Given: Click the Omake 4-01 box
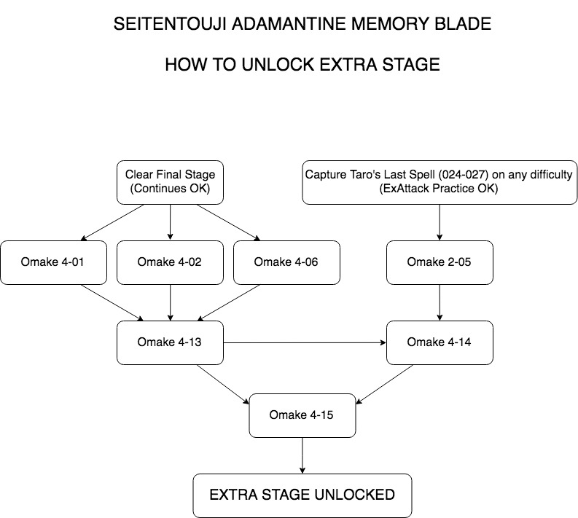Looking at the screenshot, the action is pyautogui.click(x=53, y=262).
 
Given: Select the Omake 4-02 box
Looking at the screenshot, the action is pyautogui.click(x=170, y=262).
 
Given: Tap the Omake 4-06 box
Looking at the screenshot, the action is pyautogui.click(x=286, y=262).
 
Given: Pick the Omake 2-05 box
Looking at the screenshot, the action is pyautogui.click(x=440, y=262).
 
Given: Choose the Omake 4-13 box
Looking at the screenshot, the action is pyautogui.click(x=170, y=342).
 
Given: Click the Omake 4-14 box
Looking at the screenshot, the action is pyautogui.click(x=440, y=342).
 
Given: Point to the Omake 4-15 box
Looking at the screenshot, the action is pyautogui.click(x=302, y=415).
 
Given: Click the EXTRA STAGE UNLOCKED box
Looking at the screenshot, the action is pyautogui.click(x=302, y=495).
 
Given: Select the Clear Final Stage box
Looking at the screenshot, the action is pyautogui.click(x=170, y=182).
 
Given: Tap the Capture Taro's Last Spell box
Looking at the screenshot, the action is pyautogui.click(x=440, y=182).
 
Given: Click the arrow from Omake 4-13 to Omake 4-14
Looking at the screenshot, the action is pyautogui.click(x=305, y=342).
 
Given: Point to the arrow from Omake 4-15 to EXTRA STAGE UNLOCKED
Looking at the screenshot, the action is pyautogui.click(x=302, y=456).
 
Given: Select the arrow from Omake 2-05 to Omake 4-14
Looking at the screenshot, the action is pyautogui.click(x=440, y=302).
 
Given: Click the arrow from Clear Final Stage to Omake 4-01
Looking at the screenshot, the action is pyautogui.click(x=112, y=222).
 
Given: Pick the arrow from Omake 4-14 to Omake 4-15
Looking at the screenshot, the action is pyautogui.click(x=384, y=384).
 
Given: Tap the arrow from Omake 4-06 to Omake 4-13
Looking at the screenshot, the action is pyautogui.click(x=229, y=302).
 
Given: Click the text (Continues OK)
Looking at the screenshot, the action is pyautogui.click(x=170, y=188).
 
